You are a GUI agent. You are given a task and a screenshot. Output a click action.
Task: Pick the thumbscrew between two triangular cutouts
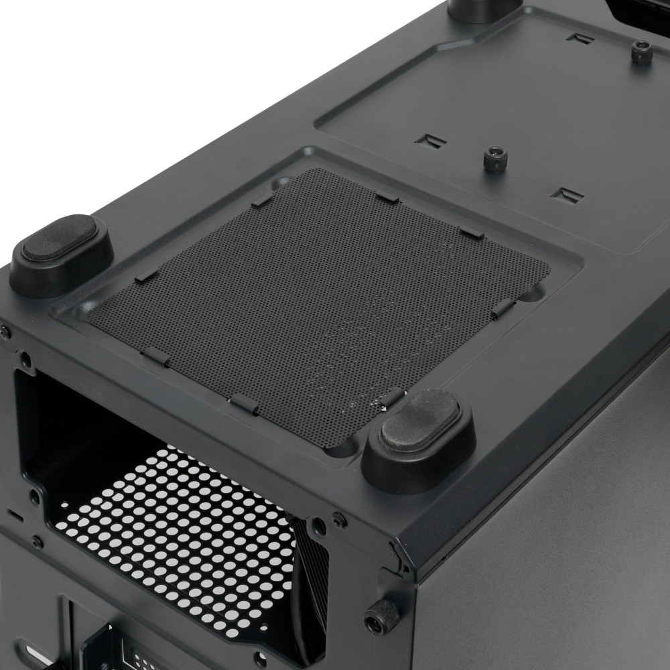click(x=496, y=159)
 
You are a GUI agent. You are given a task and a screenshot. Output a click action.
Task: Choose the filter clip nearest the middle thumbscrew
click(x=472, y=232)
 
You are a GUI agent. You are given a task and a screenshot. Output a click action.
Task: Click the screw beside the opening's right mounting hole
click(x=340, y=519)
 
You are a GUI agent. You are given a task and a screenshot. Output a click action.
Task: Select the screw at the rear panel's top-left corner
click(x=5, y=330)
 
